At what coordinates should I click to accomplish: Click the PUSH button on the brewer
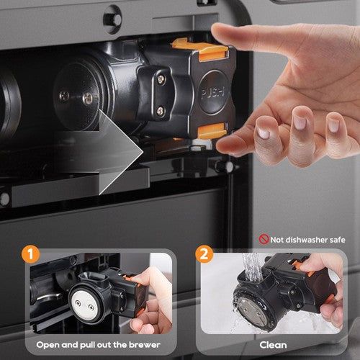[x=213, y=92]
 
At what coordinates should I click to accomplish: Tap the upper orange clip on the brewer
[x=201, y=49]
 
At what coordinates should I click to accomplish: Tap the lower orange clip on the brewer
[x=212, y=130]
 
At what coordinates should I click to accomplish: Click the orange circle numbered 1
[x=30, y=254]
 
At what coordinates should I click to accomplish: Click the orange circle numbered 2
[x=204, y=254]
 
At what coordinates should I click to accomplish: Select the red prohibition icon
[x=264, y=239]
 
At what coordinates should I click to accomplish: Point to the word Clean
[x=273, y=345]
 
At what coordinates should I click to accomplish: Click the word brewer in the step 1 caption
[x=145, y=345]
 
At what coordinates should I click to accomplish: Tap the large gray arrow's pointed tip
[x=143, y=152]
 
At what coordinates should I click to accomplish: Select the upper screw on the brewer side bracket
[x=161, y=78]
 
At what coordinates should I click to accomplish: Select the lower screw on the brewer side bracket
[x=161, y=110]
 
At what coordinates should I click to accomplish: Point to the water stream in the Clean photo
[x=251, y=266]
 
